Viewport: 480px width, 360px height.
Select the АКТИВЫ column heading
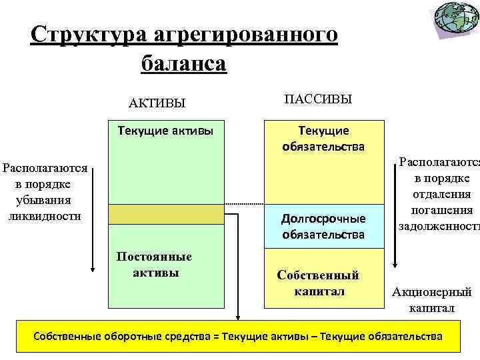coord(157,103)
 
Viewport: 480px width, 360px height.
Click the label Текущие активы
coord(165,130)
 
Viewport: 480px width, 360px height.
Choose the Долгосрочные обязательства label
coord(323,226)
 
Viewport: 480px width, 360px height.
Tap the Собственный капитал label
coord(319,283)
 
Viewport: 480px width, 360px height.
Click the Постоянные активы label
coord(154,264)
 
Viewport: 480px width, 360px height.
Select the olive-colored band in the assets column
coord(166,214)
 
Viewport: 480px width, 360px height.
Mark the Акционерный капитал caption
coord(431,299)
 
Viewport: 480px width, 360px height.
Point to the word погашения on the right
coord(435,211)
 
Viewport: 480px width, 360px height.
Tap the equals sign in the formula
coord(217,336)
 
